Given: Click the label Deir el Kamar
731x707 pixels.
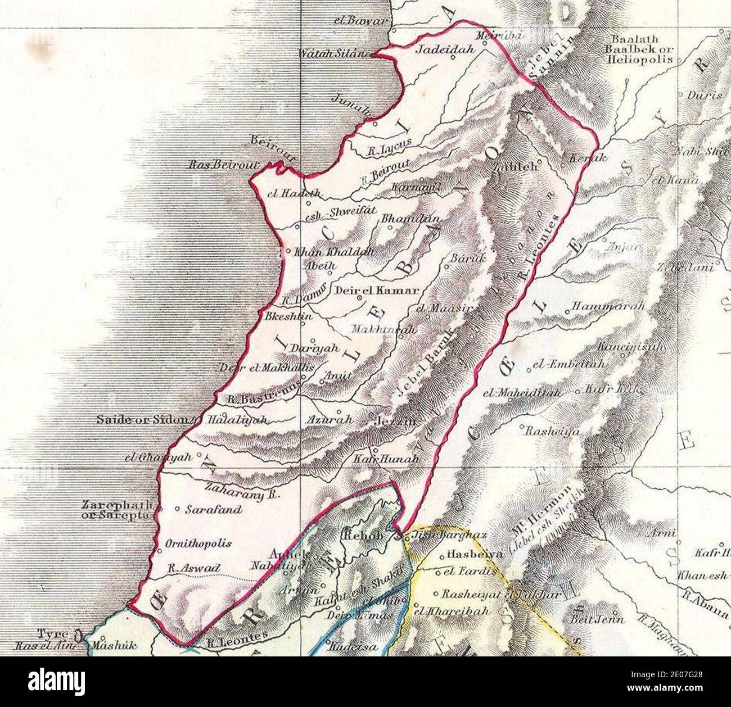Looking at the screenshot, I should point(377,291).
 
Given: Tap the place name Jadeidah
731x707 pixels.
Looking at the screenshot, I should point(444,49).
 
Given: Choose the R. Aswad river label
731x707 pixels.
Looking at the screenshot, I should point(194,568).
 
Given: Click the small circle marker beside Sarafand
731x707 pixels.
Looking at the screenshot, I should point(177,510).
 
